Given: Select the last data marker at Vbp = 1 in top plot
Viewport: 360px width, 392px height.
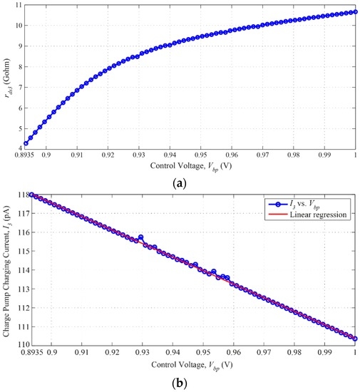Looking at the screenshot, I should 355,11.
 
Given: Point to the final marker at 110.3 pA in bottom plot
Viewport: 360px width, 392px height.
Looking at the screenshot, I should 355,339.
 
